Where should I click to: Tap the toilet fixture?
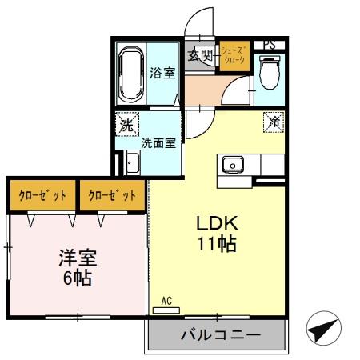click(270, 74)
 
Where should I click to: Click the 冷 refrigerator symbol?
click(274, 122)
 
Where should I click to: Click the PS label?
click(270, 44)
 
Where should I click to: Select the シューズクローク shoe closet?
click(234, 56)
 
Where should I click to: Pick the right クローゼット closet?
click(111, 194)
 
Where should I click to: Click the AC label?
click(167, 301)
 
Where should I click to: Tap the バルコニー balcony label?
click(218, 335)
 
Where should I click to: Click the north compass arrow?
click(323, 328)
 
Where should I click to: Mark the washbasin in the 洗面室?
click(132, 166)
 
